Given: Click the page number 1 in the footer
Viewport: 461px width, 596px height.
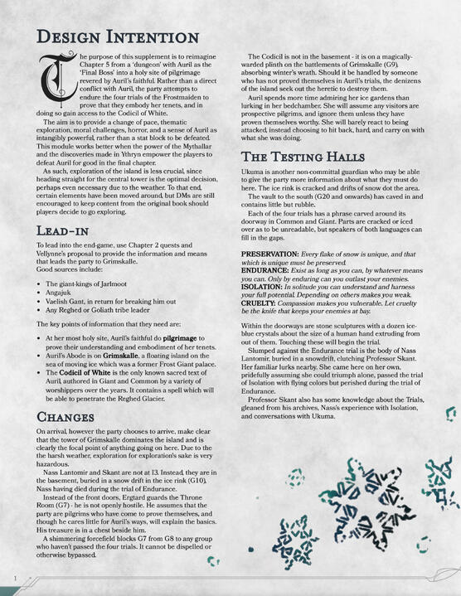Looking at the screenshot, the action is (15, 576).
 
